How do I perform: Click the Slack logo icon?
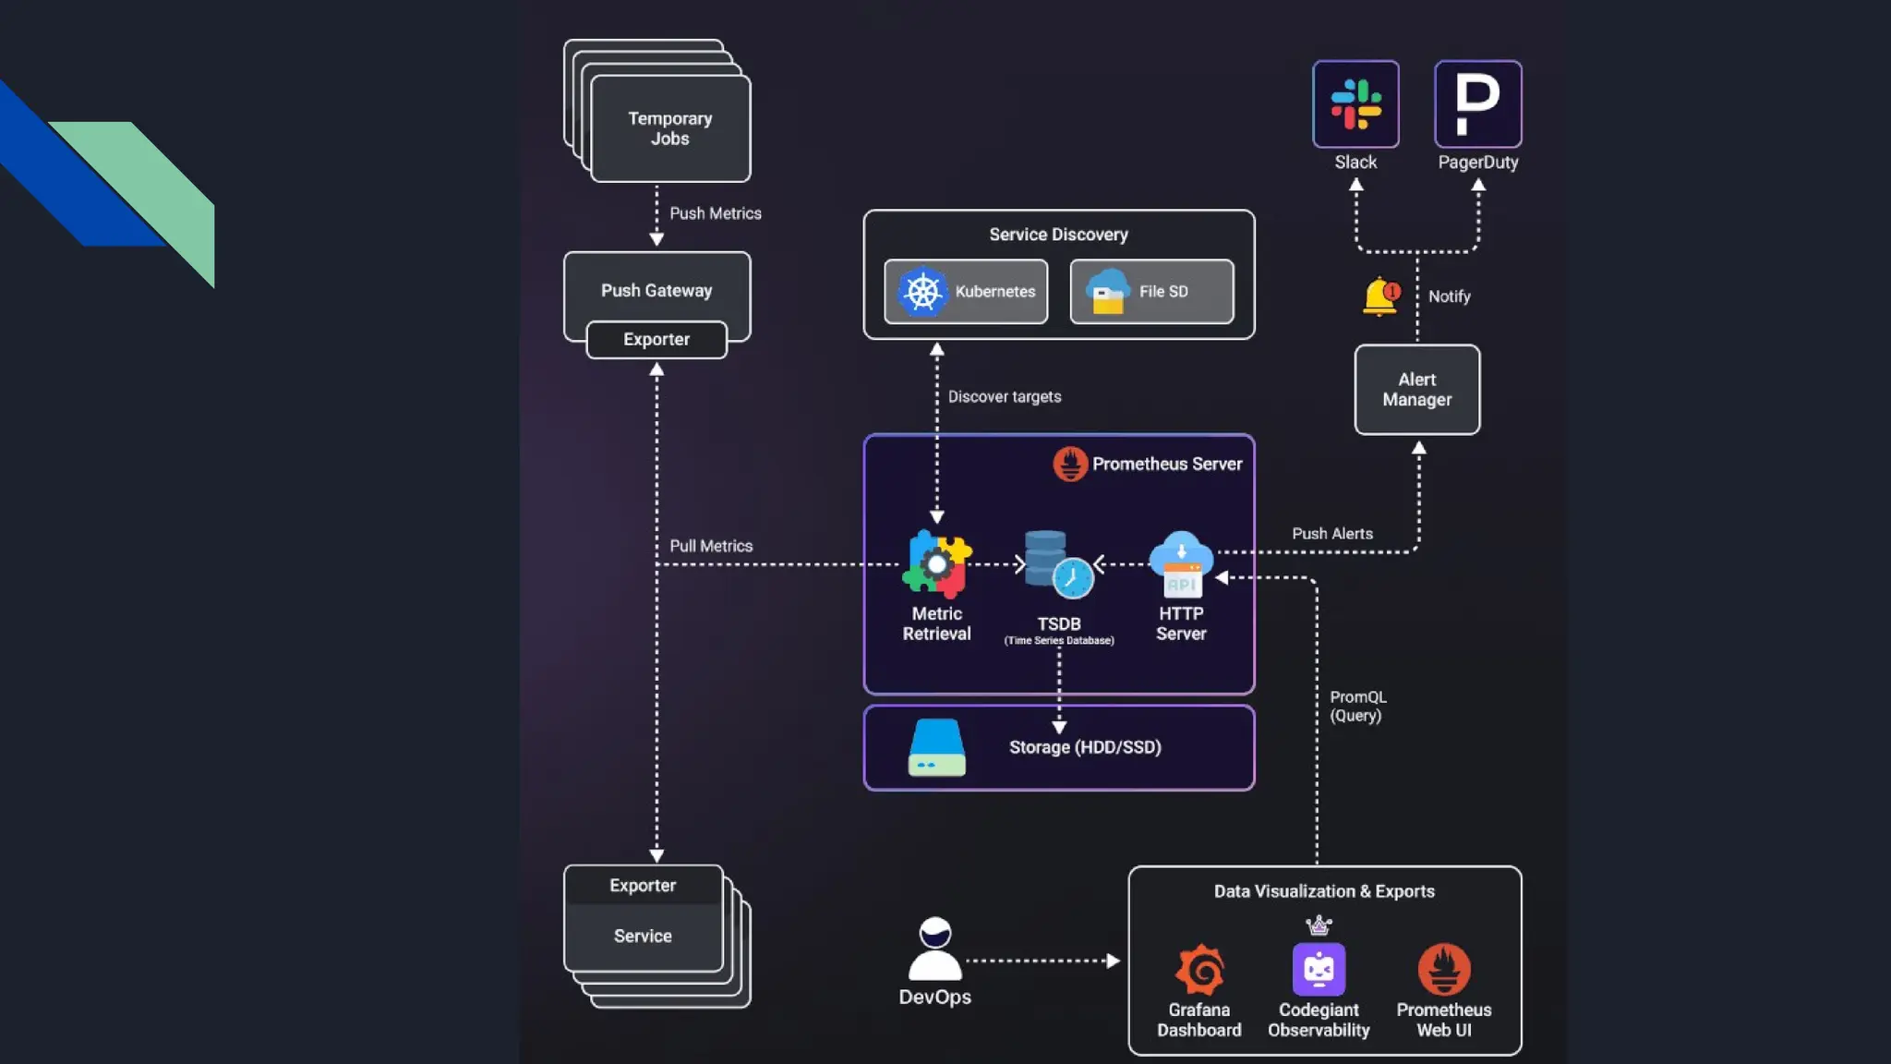1355,103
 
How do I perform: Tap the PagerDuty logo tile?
1477,103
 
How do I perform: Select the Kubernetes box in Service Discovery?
966,292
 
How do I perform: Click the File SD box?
1151,292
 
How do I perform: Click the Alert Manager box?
1416,390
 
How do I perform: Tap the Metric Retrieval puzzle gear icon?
936,563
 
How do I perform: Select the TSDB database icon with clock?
1058,563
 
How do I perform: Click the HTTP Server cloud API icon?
1181,563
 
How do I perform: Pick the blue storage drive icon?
936,747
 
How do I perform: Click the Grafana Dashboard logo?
1199,970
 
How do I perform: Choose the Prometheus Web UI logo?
1444,970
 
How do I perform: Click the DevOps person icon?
934,949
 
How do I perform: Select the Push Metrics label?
716,213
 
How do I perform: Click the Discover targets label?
1005,396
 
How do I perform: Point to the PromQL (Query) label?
1357,707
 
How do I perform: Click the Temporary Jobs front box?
670,128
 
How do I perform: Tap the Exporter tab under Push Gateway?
656,339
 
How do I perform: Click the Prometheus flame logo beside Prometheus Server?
1070,464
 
